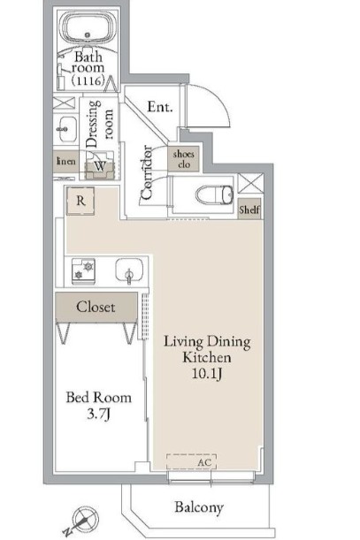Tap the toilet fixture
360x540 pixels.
click(214, 195)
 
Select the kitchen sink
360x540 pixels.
click(129, 270)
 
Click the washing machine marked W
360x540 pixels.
click(100, 165)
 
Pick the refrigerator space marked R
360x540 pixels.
click(80, 201)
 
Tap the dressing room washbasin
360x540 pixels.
click(65, 129)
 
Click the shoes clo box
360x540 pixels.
click(184, 159)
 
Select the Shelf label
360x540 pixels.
click(249, 209)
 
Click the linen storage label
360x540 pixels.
click(65, 161)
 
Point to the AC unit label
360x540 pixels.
click(204, 462)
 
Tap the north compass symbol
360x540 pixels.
click(83, 520)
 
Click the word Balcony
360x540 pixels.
click(199, 507)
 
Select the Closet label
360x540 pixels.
click(96, 307)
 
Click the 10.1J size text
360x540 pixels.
click(207, 374)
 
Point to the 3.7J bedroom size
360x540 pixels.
click(99, 414)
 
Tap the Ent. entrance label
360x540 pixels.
click(160, 107)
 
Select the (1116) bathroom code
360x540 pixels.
click(88, 80)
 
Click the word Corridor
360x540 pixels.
click(147, 172)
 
